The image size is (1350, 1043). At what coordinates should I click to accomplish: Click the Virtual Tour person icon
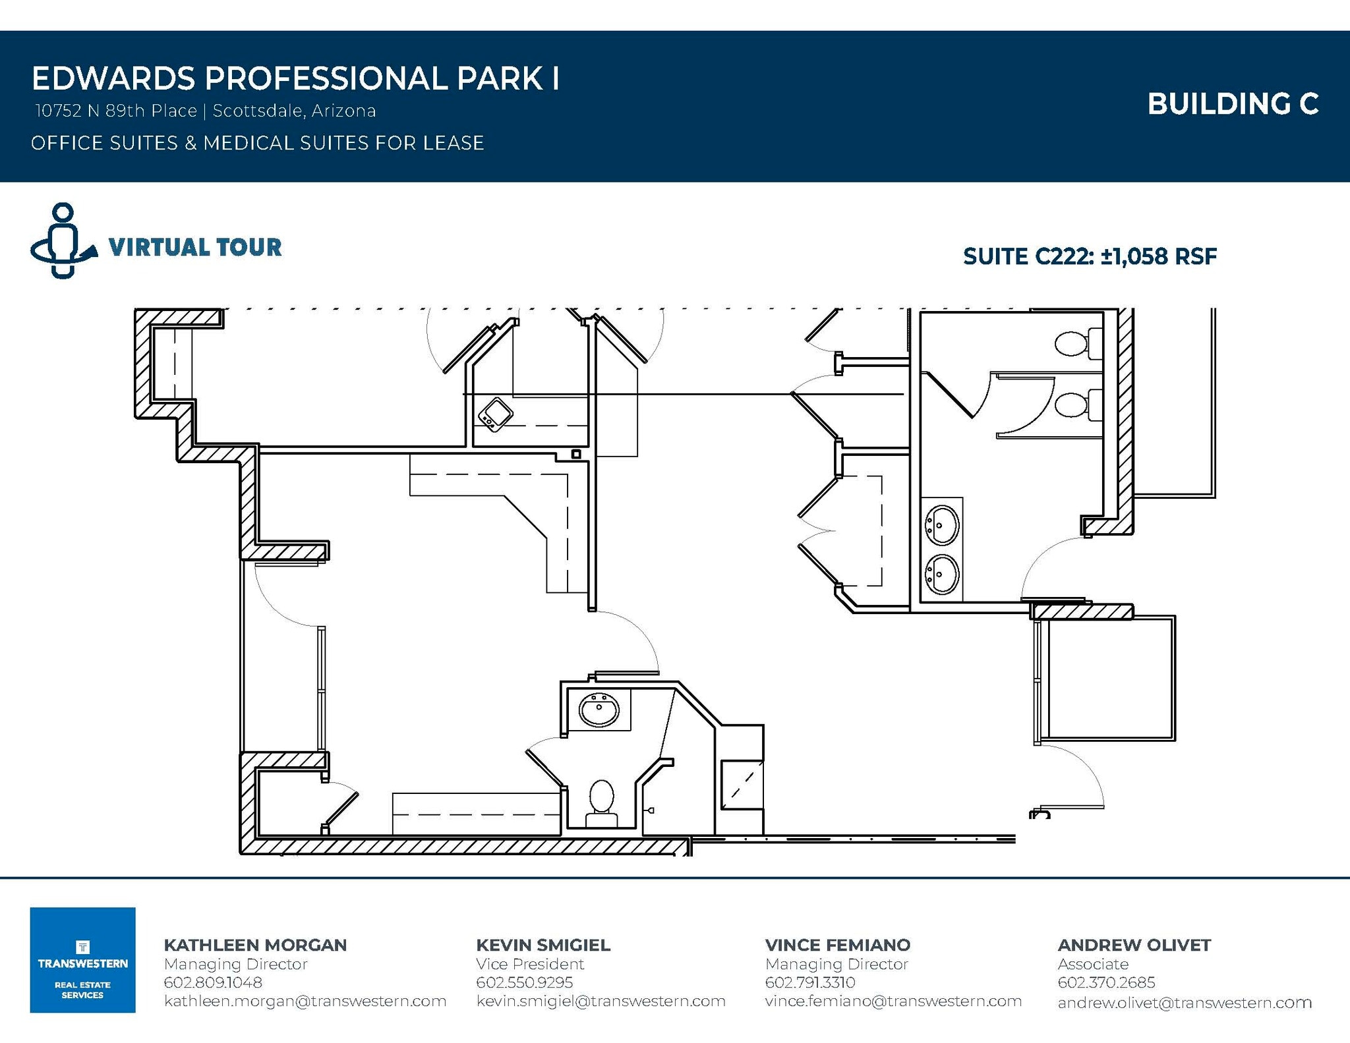click(63, 240)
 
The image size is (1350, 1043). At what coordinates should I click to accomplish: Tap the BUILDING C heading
click(1233, 104)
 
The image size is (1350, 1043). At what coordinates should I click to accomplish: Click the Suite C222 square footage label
click(1090, 256)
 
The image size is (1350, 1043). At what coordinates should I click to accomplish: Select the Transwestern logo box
click(82, 959)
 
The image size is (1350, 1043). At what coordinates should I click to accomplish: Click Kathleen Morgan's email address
click(305, 1001)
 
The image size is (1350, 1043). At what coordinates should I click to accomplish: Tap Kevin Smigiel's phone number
click(524, 982)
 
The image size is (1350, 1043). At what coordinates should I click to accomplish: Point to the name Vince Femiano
click(837, 945)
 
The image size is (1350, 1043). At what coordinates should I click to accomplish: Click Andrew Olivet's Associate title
click(1093, 964)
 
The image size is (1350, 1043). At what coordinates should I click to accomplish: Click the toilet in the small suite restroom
click(601, 801)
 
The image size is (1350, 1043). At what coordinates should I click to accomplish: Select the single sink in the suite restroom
click(599, 710)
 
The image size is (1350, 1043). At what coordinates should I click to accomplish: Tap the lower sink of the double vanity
click(942, 574)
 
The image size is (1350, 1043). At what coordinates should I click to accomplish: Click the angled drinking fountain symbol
click(495, 414)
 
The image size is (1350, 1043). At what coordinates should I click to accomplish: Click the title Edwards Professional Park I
click(295, 78)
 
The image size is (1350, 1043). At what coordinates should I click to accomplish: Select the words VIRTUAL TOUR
click(195, 247)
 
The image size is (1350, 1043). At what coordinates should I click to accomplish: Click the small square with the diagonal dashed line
click(742, 785)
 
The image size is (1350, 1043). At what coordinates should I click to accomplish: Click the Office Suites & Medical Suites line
click(257, 143)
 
